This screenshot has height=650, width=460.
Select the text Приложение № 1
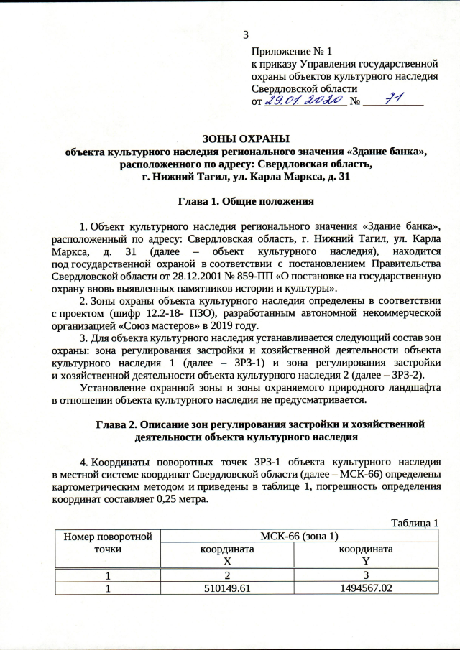pos(292,52)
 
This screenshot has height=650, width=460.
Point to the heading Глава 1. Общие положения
pos(246,202)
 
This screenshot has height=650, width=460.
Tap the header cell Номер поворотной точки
pos(107,542)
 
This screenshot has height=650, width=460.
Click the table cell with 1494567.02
pos(367,588)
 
